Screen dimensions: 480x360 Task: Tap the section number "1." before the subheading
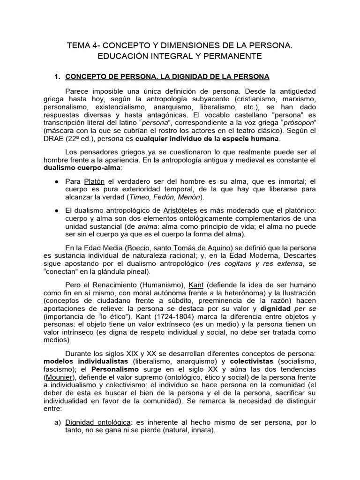[x=59, y=76]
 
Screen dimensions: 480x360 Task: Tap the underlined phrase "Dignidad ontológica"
[x=96, y=422]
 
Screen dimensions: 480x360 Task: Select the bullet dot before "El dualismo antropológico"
[x=57, y=210]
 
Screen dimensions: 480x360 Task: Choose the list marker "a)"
[x=58, y=422]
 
